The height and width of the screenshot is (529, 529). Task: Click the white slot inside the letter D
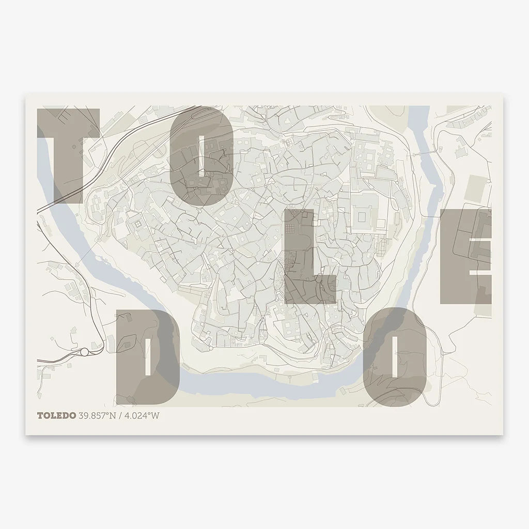pos(148,357)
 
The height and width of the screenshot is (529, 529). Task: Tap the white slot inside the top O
pos(203,155)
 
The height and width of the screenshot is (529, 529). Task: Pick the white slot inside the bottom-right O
pos(395,357)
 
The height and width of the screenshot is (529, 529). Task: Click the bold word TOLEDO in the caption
pos(56,415)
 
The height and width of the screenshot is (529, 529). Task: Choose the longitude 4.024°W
pos(141,415)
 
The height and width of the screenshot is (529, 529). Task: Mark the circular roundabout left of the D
pos(84,352)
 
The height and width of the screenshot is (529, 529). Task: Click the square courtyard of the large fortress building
pos(365,214)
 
